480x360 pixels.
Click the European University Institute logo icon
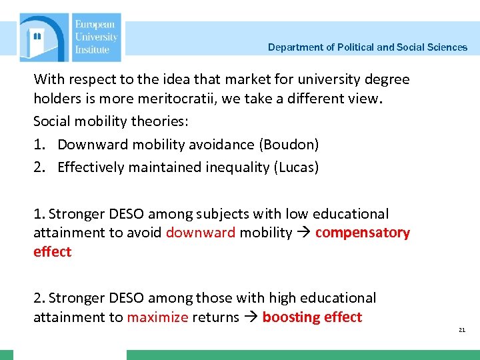44,37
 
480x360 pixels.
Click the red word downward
201,233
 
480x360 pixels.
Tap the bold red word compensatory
363,233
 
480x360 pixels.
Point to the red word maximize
157,317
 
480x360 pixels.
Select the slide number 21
462,330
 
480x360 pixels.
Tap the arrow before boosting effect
251,317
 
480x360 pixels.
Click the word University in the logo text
96,37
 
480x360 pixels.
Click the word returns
215,317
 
